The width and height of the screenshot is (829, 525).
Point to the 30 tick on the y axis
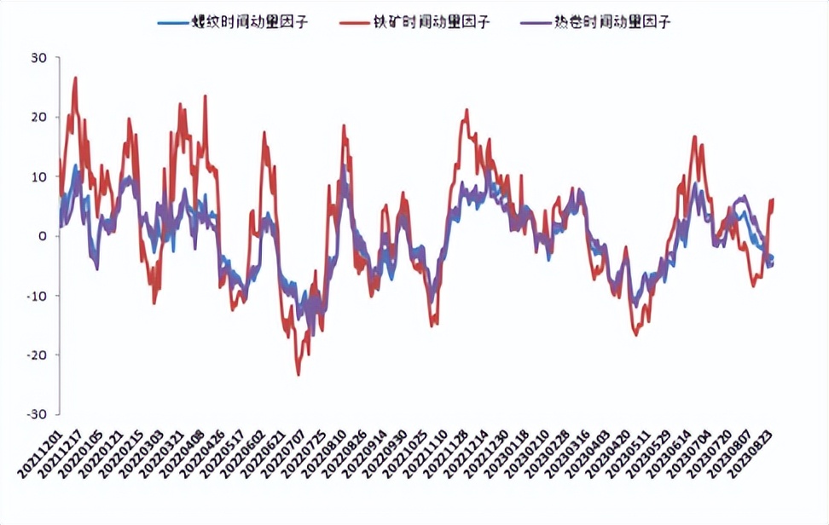[40, 58]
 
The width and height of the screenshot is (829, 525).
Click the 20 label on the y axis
[40, 117]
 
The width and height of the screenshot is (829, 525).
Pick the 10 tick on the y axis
[40, 176]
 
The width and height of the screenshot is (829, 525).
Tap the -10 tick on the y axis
[38, 296]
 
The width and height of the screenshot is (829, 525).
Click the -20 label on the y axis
[38, 355]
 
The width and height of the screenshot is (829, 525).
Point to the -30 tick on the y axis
[38, 414]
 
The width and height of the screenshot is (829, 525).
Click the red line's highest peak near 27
[76, 78]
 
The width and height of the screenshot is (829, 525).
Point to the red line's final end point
[773, 199]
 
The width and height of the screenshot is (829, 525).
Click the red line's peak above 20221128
[467, 110]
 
